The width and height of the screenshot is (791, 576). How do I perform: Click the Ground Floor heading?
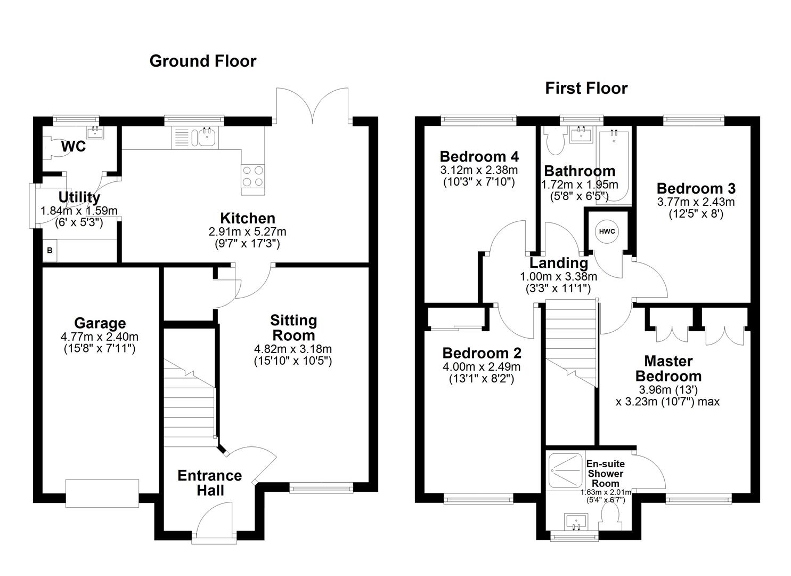(202, 61)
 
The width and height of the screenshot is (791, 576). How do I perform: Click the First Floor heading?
(586, 88)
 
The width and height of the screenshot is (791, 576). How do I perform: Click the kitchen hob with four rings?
(253, 176)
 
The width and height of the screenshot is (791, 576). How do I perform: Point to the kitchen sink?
(207, 137)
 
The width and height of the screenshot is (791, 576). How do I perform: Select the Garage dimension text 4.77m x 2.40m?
(100, 337)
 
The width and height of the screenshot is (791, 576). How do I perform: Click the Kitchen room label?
(248, 218)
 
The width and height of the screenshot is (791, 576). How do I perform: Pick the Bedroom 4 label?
(479, 156)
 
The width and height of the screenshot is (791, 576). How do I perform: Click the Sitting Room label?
(293, 327)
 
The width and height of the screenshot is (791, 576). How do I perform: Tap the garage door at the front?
(102, 493)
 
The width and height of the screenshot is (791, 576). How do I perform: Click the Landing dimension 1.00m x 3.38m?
(558, 276)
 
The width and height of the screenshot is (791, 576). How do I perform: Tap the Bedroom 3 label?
(696, 188)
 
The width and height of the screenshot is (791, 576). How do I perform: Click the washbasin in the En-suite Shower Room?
(575, 521)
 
